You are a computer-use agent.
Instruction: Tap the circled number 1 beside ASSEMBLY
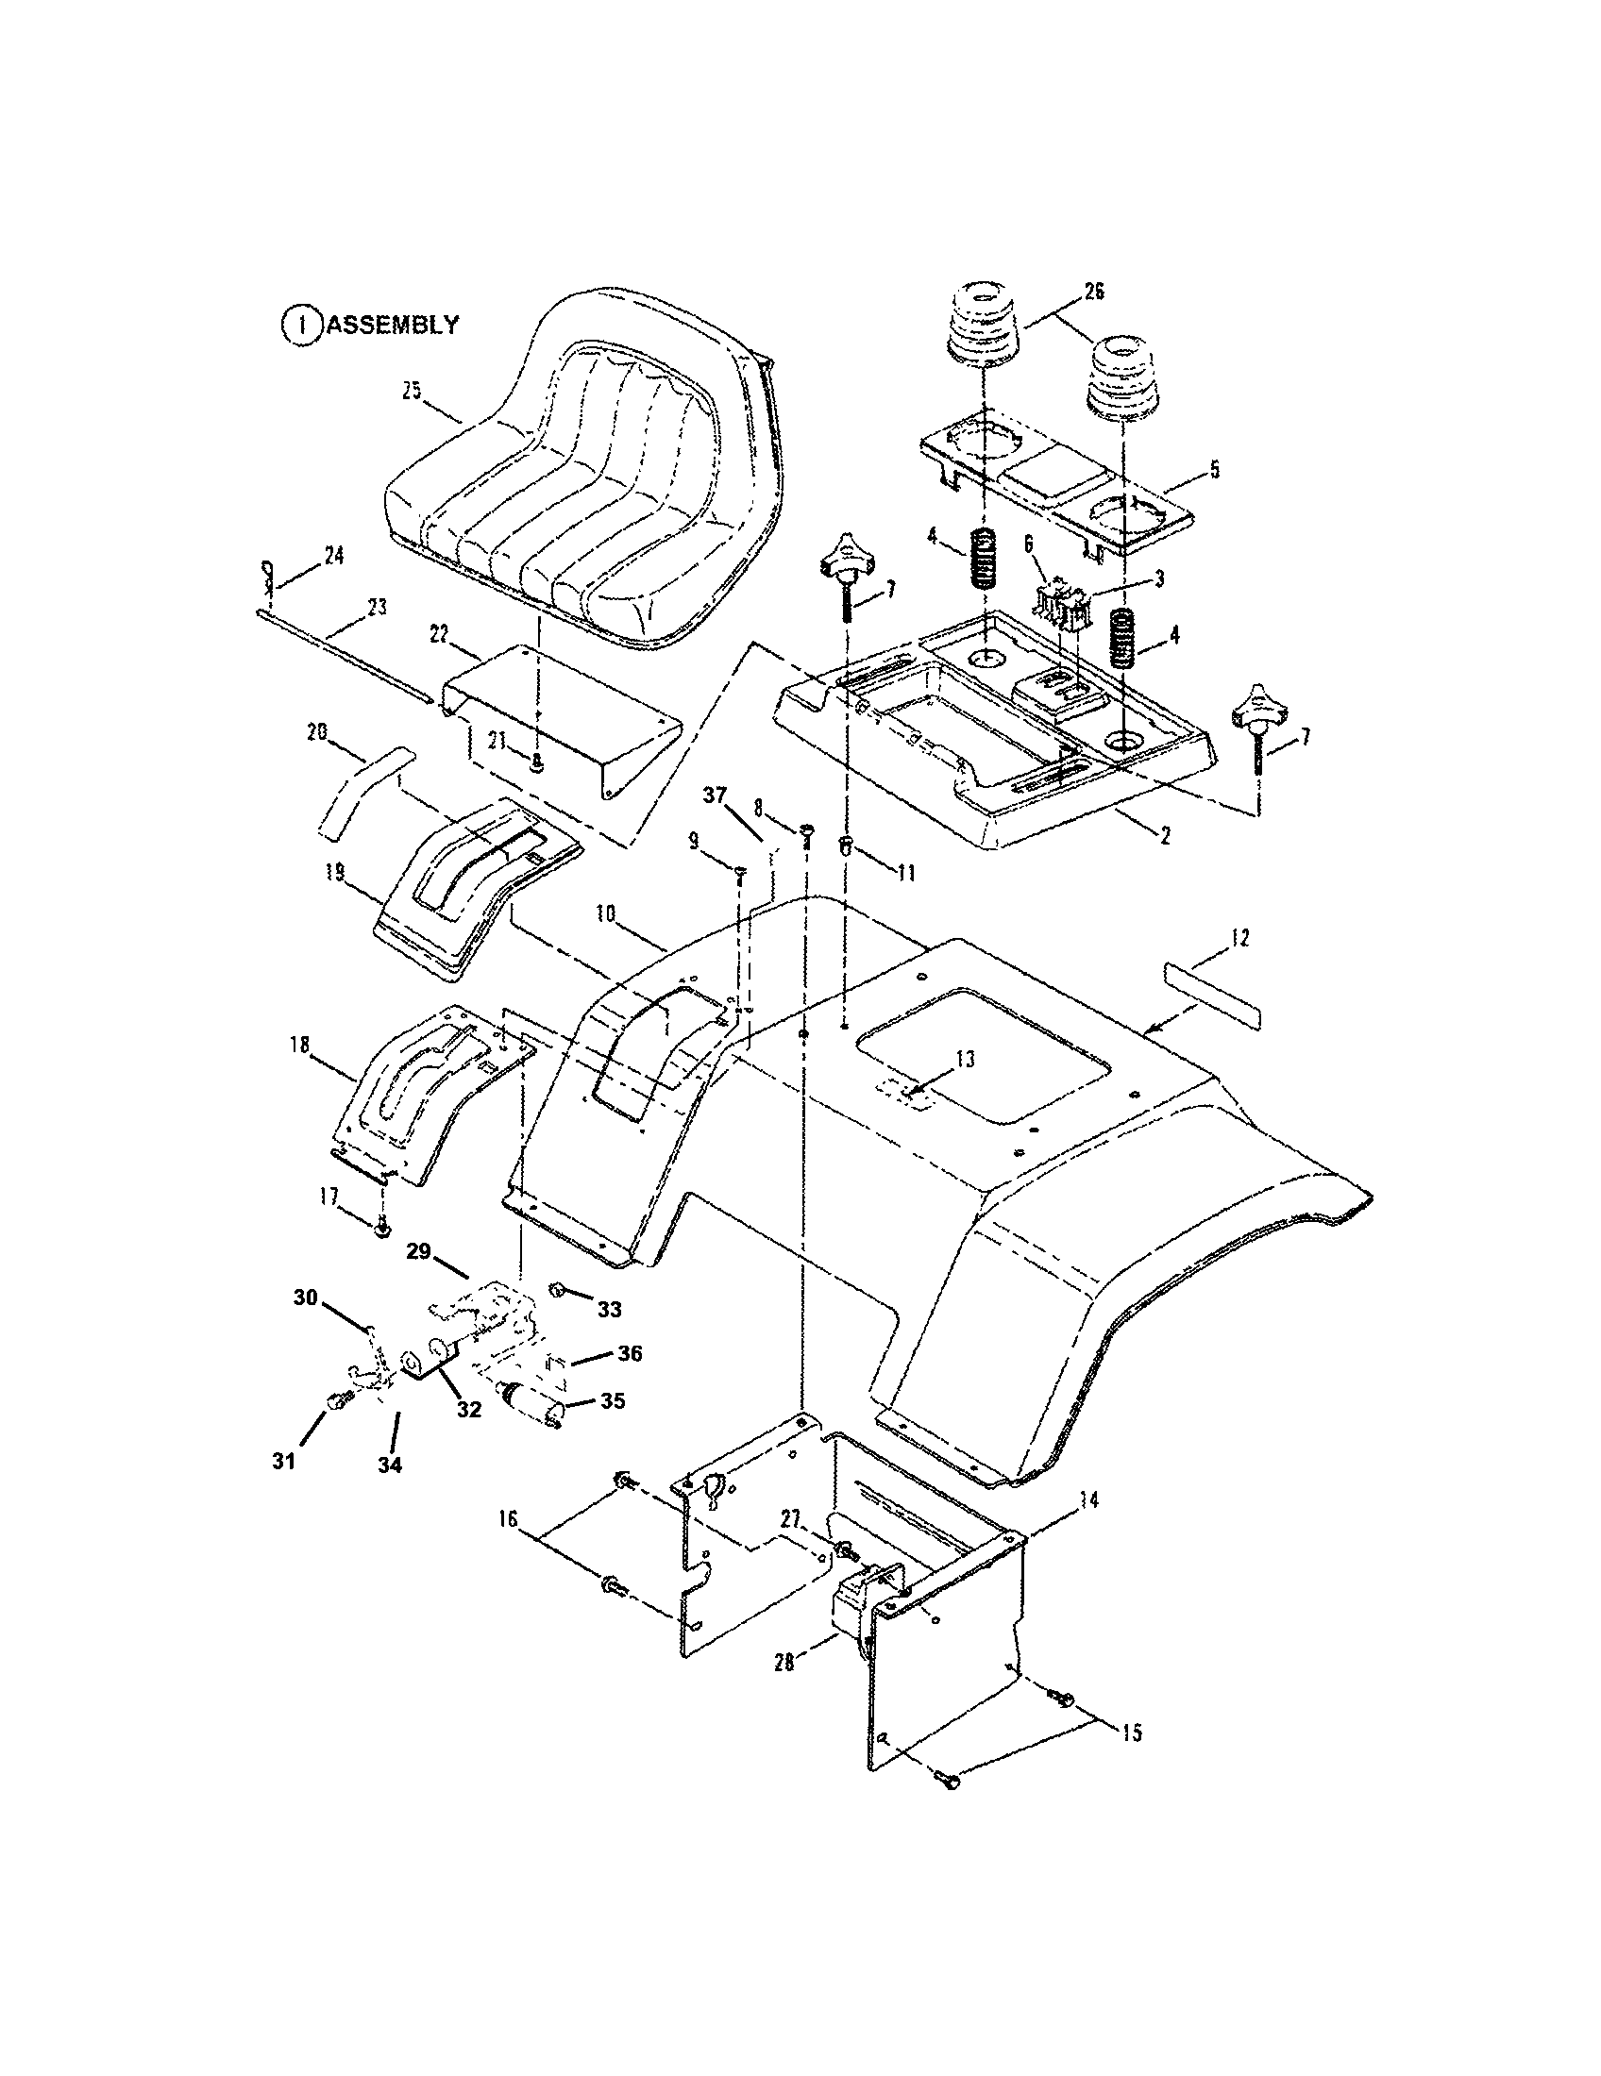pos(300,326)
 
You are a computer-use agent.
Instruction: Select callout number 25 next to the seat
pos(412,391)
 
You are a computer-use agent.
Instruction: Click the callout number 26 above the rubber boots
pos(1093,291)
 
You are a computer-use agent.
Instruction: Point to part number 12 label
pos(1239,937)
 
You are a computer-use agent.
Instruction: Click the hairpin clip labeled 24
pos(267,573)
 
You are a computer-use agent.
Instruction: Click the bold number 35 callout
pos(613,1401)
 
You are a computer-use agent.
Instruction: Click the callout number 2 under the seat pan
pos(1165,834)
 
